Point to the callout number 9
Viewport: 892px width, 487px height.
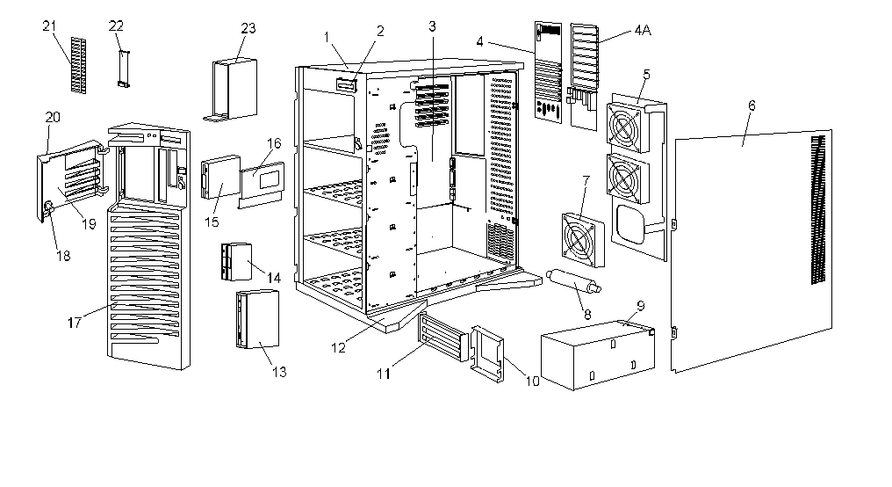point(640,306)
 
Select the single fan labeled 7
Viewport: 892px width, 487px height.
point(582,237)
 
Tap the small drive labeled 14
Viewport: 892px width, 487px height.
point(235,262)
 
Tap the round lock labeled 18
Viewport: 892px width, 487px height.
point(48,207)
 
